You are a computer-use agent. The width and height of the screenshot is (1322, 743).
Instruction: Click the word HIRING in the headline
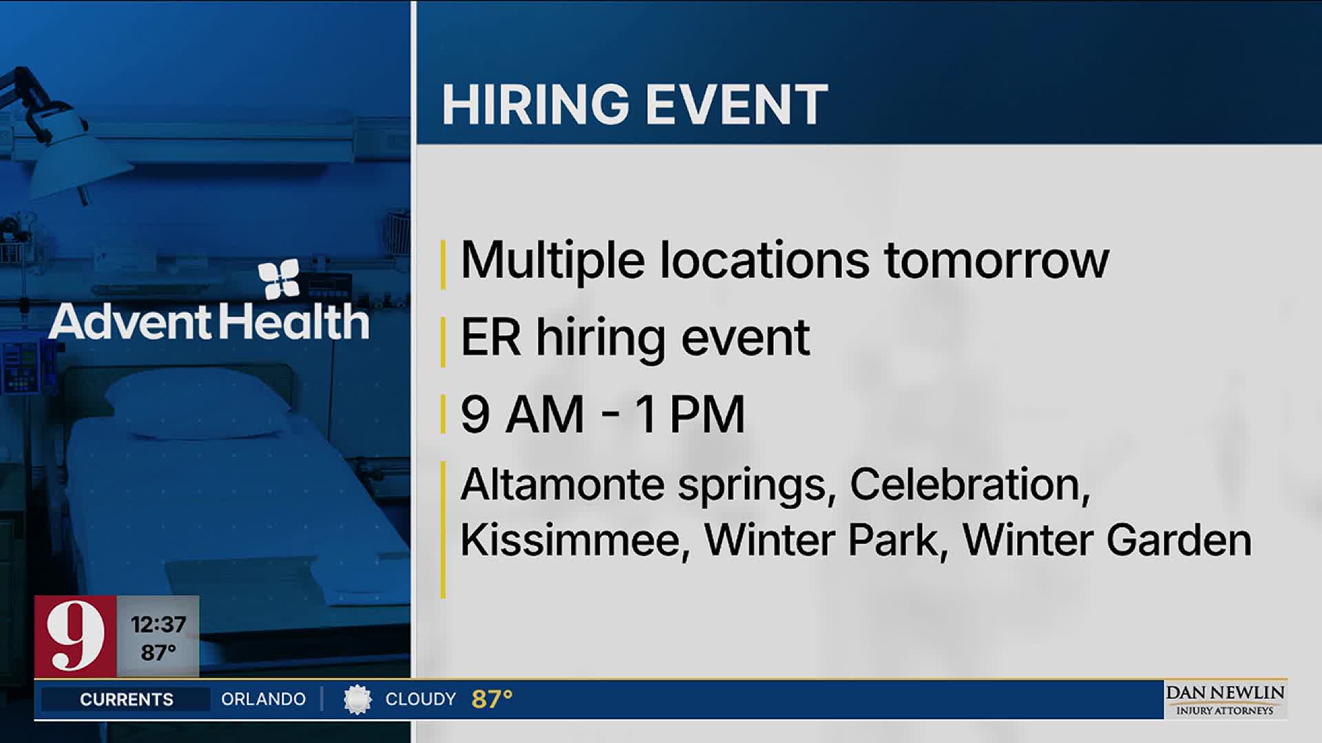536,105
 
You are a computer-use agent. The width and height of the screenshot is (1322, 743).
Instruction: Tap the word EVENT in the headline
737,105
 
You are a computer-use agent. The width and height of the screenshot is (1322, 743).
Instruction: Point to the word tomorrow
996,261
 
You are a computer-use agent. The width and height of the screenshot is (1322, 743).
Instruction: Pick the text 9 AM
523,415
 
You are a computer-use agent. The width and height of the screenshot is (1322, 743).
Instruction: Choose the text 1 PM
690,415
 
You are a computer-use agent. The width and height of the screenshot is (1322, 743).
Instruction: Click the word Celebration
969,486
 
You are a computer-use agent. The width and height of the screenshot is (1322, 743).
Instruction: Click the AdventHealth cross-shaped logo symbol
279,279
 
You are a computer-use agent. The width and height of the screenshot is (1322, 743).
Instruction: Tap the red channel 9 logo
75,636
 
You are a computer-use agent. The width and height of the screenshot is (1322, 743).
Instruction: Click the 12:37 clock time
158,625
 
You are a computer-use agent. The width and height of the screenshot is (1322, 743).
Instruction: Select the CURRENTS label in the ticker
127,700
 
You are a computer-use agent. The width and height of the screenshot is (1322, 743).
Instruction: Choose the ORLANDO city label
263,700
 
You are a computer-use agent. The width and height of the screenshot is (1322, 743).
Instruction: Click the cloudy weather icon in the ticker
357,700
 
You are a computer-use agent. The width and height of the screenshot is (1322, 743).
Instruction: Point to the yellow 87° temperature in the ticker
492,700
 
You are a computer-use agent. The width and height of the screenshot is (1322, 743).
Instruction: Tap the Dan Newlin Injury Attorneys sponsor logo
1225,700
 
